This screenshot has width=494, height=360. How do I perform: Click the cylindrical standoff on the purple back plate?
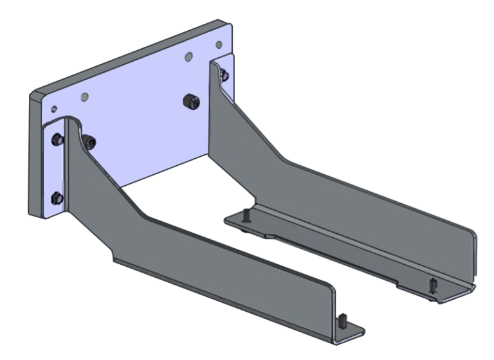[189, 100]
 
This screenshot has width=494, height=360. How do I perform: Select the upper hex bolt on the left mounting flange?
[57, 139]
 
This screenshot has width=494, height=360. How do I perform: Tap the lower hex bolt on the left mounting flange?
[57, 196]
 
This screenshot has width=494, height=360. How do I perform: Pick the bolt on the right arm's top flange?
[224, 76]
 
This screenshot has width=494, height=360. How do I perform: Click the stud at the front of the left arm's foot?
[342, 319]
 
